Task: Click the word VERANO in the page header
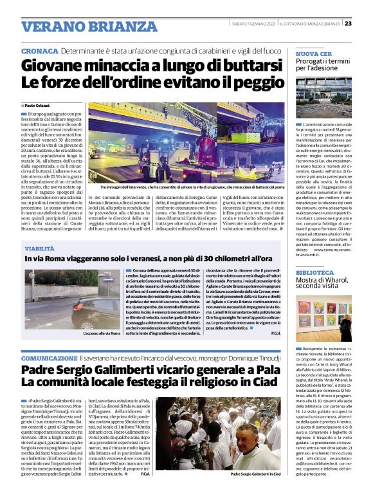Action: pos(51,27)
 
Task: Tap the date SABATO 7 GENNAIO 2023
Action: pos(257,24)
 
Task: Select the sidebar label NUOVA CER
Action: pos(314,53)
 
